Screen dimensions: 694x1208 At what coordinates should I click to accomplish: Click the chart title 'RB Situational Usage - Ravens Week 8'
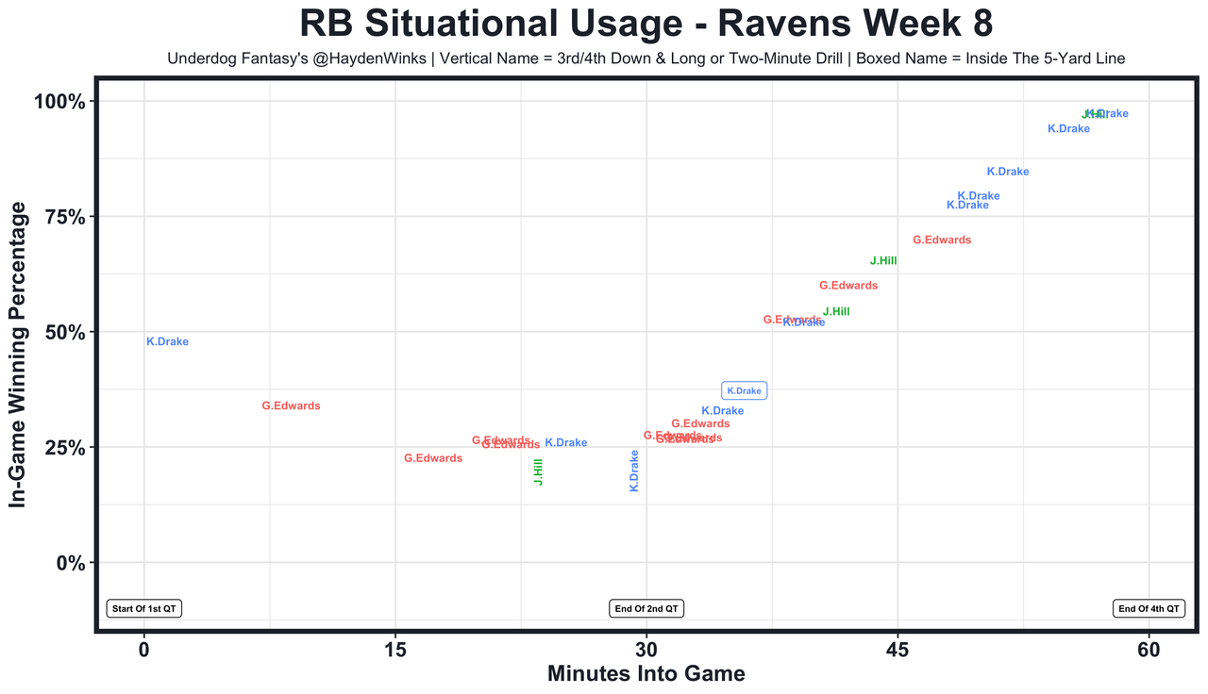click(x=646, y=24)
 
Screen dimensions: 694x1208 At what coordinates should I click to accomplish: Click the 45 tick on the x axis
click(x=898, y=650)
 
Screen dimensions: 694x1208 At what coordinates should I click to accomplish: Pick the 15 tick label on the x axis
click(x=395, y=650)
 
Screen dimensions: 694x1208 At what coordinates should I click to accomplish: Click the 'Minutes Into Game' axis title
click(x=646, y=674)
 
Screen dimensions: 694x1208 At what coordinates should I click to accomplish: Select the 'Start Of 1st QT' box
click(x=144, y=608)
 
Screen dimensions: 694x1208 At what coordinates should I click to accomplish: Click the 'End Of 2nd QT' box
click(x=646, y=608)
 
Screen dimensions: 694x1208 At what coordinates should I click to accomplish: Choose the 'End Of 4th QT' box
click(x=1149, y=608)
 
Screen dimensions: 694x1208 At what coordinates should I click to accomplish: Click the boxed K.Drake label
click(x=744, y=390)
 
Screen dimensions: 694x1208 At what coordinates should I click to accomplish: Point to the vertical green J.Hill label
click(x=538, y=471)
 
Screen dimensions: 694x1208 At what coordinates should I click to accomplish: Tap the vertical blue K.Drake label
click(x=634, y=471)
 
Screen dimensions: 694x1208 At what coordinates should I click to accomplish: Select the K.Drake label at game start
click(x=168, y=342)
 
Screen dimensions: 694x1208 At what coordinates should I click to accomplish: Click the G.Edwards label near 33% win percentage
click(x=291, y=406)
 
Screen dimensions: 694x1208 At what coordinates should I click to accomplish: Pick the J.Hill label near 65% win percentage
click(x=883, y=261)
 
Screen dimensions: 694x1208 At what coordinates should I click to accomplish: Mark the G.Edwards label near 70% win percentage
click(x=942, y=240)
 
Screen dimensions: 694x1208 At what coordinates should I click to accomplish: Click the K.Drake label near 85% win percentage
click(x=1008, y=172)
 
